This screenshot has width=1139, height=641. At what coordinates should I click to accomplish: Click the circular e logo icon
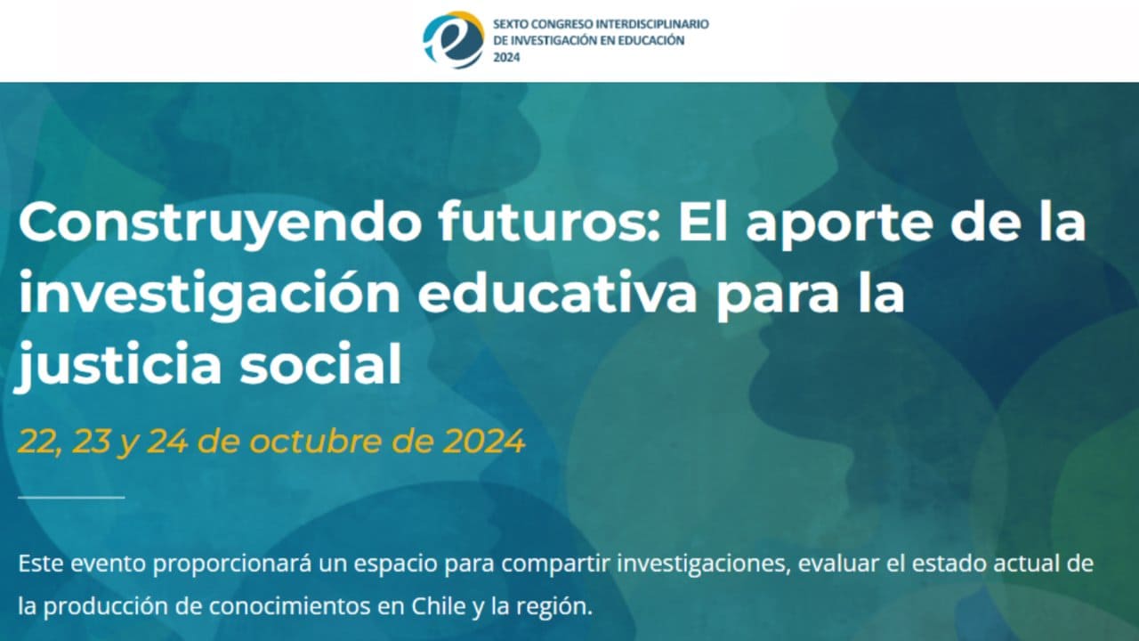click(453, 40)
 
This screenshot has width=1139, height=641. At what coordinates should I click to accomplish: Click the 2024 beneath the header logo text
click(505, 56)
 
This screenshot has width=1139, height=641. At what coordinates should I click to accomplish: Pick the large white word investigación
click(209, 296)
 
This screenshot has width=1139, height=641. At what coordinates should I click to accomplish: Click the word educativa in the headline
click(558, 295)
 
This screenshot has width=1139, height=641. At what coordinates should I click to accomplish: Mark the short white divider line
click(71, 497)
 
